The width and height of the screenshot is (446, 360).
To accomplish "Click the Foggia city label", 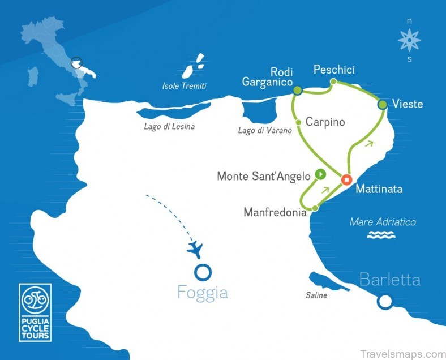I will click(203, 293).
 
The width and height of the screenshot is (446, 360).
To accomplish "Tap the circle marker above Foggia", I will click(203, 272).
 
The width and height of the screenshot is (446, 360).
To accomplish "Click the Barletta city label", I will click(391, 280).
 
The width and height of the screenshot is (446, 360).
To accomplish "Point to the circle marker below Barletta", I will click(385, 302).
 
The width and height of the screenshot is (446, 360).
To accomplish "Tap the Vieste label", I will click(407, 105).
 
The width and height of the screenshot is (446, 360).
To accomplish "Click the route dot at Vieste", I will click(383, 104).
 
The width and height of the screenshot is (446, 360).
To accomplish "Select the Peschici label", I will click(334, 70).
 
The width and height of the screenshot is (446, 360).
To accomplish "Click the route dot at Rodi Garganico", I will click(297, 90).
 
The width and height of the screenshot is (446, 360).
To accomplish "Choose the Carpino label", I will click(325, 122).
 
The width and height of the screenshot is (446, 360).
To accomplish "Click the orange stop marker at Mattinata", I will click(346, 180).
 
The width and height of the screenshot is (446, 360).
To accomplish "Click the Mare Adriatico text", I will click(383, 222).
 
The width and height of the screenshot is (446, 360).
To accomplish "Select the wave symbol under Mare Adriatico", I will click(381, 235).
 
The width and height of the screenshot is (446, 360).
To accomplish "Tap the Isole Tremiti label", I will click(184, 87).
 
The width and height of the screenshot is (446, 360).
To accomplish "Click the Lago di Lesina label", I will click(169, 127).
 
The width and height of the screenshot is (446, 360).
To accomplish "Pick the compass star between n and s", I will click(409, 41).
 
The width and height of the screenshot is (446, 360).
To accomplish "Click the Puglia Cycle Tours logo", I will click(35, 312).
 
